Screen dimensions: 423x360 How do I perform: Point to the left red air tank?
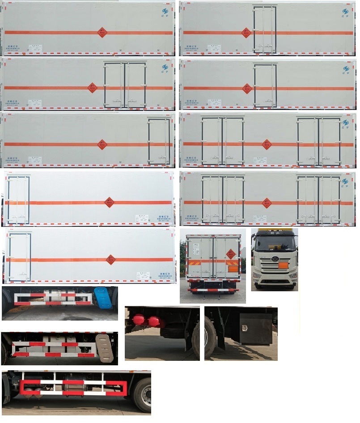(138, 321)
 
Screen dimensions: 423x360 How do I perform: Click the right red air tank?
(154, 321)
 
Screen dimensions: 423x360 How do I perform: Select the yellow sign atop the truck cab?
(274, 232)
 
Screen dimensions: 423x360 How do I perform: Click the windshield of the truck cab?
(274, 244)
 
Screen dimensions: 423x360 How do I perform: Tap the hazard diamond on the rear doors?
(231, 254)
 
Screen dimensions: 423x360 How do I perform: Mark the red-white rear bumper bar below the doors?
(213, 290)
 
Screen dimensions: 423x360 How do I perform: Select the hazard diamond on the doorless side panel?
(102, 32)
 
